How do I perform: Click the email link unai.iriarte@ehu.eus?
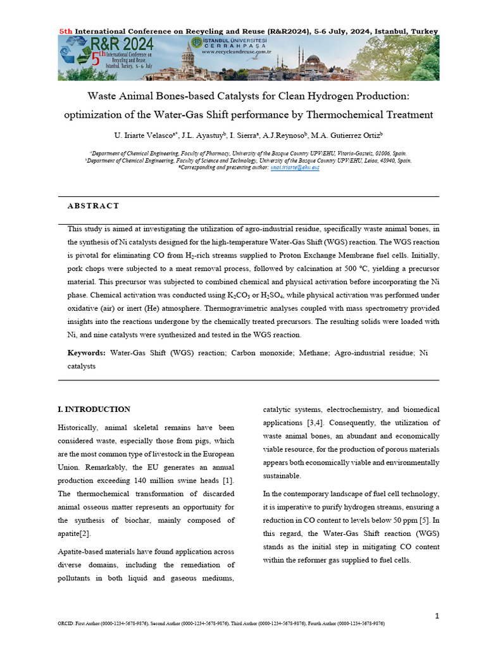295,168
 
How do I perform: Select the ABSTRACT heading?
93,206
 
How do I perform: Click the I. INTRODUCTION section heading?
94,409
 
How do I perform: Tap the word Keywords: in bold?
87,353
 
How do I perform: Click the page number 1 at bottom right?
437,616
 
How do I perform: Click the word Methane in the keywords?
313,353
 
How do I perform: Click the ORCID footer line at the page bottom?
221,624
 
